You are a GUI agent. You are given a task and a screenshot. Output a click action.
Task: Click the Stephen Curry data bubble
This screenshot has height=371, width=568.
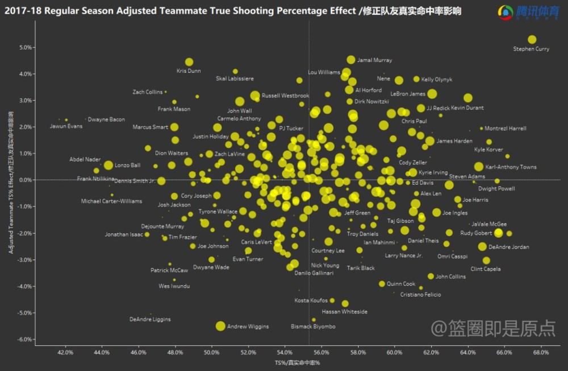click(532, 39)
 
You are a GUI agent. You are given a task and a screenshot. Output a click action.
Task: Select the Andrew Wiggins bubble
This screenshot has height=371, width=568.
click(220, 325)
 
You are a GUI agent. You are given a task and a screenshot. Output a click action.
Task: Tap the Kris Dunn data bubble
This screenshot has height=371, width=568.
click(189, 62)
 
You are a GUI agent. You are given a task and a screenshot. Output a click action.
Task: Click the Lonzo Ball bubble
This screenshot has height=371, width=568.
click(108, 165)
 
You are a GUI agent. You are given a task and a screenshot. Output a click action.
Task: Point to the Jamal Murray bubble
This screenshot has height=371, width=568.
click(351, 60)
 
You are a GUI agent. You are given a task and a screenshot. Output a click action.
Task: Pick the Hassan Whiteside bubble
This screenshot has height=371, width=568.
click(345, 304)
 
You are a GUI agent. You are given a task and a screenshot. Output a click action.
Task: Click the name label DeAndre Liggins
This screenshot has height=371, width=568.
click(150, 319)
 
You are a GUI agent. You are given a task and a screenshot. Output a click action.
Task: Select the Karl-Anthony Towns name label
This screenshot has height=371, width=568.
click(511, 167)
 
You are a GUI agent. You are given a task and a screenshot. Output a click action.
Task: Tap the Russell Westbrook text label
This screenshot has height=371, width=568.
click(285, 96)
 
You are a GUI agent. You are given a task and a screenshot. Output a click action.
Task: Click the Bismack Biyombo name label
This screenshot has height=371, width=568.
click(313, 327)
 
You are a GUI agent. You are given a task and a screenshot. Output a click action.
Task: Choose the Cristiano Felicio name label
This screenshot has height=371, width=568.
click(420, 294)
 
